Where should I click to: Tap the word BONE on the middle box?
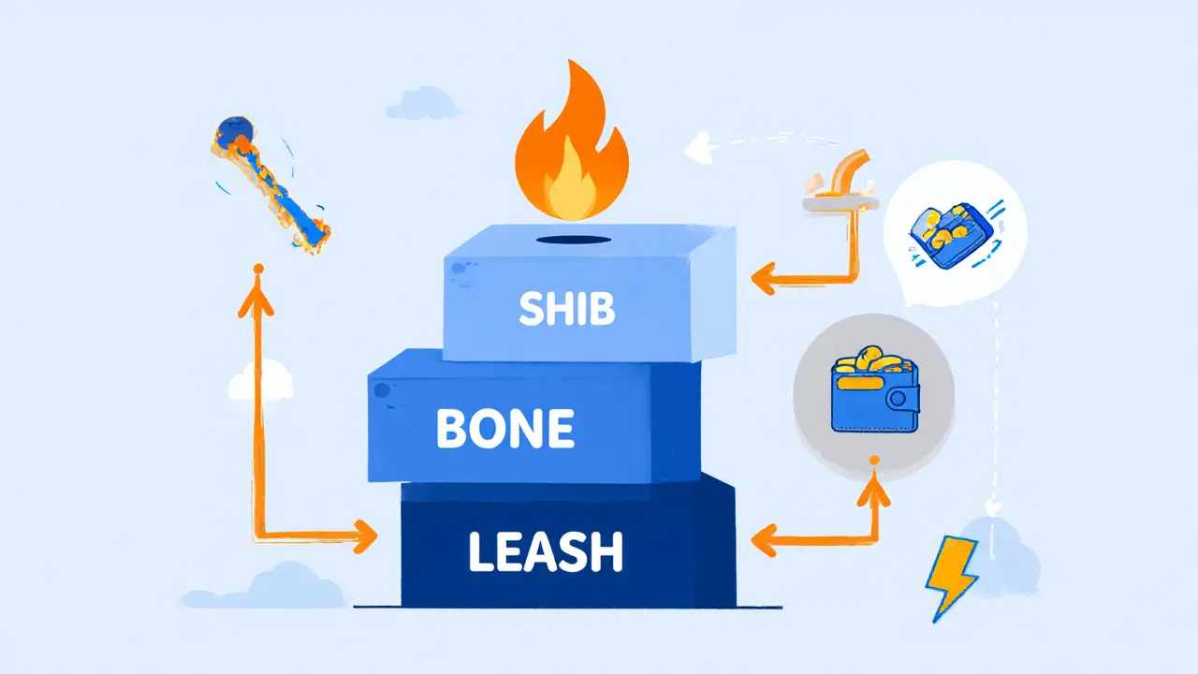click(x=504, y=429)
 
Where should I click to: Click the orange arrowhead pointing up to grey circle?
click(x=873, y=488)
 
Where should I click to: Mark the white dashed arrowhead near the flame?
click(x=697, y=145)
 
